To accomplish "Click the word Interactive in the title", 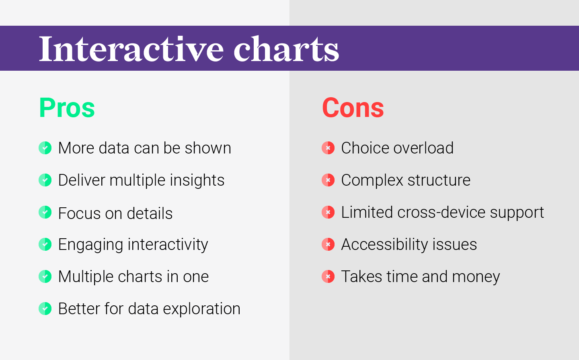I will [x=131, y=49].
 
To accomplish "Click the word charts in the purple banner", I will [x=286, y=49].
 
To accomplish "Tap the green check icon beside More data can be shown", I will [x=45, y=148].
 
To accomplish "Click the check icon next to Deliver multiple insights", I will [x=45, y=180].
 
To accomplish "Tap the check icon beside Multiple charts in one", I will [x=45, y=276].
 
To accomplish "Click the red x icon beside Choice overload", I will [x=328, y=148].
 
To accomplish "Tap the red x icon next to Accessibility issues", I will [x=328, y=244].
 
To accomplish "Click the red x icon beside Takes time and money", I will [x=328, y=276].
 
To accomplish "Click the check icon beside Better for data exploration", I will [x=45, y=309].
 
